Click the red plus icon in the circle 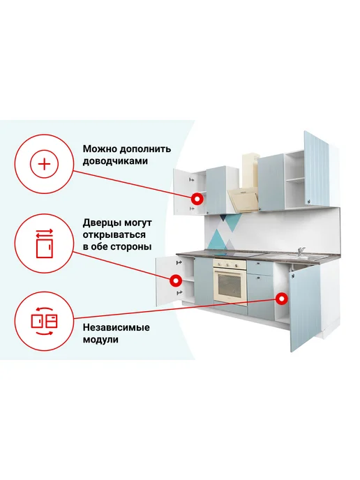(x=45, y=165)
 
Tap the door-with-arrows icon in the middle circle (x=45, y=243)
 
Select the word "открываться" (x=114, y=235)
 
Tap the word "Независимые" (x=116, y=327)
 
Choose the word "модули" (x=100, y=340)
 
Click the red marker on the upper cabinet (x=197, y=199)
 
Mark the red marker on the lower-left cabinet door (x=176, y=280)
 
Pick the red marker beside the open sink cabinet (x=281, y=299)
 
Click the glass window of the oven (x=229, y=285)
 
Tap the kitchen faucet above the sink (x=301, y=252)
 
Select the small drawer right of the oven (x=260, y=268)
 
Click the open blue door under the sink (x=305, y=308)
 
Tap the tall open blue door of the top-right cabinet (x=317, y=169)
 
